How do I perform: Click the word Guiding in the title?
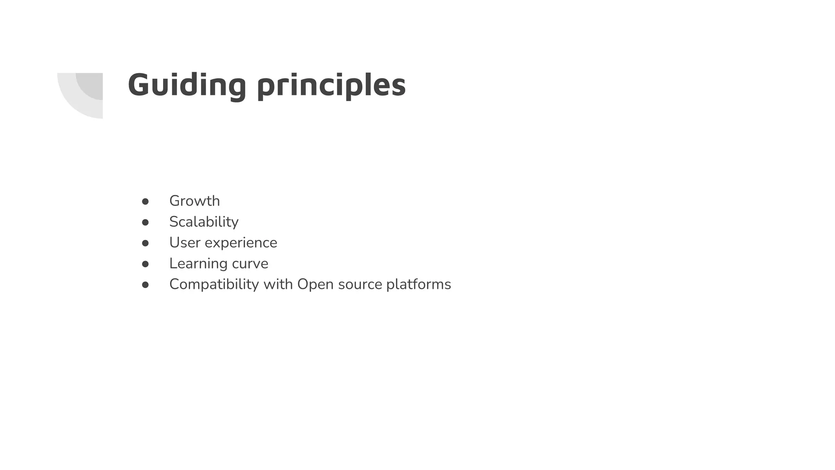pos(187,85)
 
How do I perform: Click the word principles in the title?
pos(331,86)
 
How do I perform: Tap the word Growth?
pos(194,201)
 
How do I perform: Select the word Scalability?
pos(204,222)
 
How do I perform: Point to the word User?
pos(185,242)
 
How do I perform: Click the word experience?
pos(241,243)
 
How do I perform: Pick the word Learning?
pos(198,264)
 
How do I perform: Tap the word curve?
pos(250,264)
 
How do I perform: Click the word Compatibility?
pos(214,284)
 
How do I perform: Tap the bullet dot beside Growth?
pos(145,201)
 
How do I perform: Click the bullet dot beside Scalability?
pos(145,222)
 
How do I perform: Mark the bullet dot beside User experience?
pos(145,243)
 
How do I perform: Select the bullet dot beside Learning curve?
pos(145,264)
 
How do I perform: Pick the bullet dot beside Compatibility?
pos(145,285)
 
